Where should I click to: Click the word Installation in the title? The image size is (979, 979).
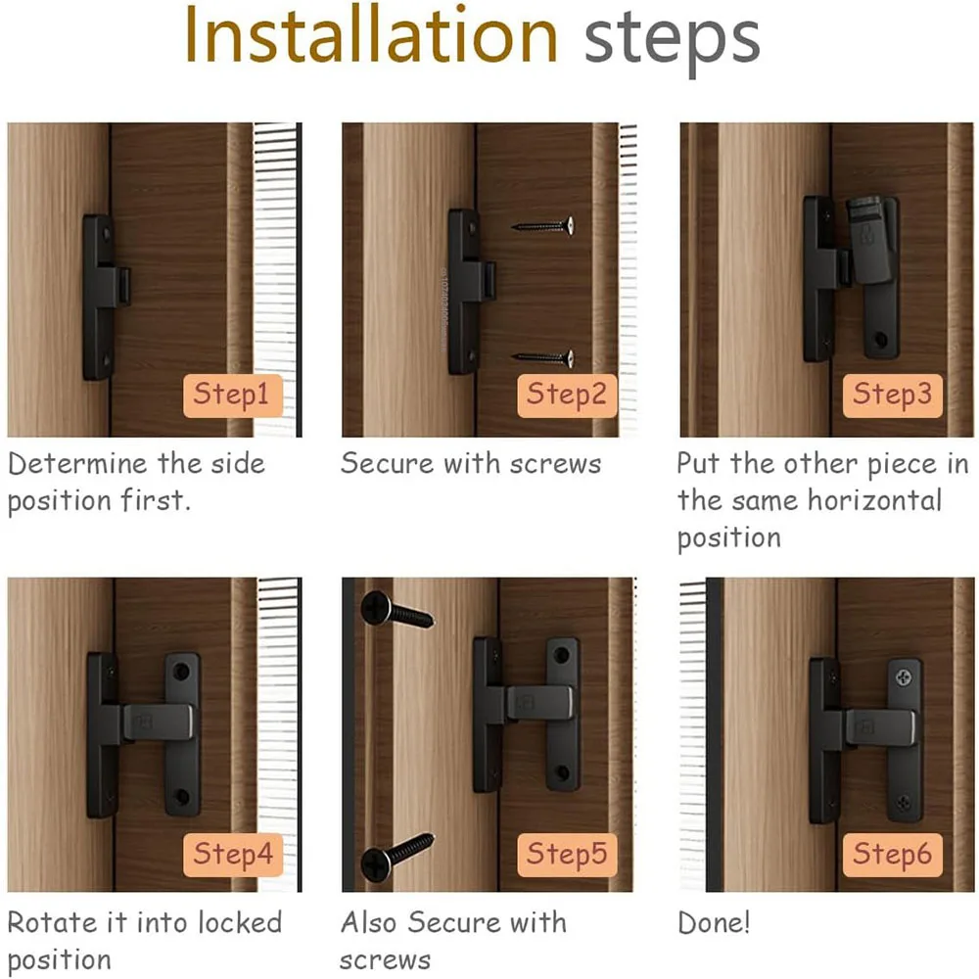coord(371,35)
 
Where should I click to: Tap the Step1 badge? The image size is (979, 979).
coord(233,396)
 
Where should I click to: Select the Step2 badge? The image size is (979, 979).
coord(567,396)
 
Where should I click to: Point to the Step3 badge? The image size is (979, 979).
coord(892,396)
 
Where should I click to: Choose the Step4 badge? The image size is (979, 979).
coord(233,855)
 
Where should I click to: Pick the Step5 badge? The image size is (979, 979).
coord(567,855)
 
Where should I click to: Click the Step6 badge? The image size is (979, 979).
coord(892,855)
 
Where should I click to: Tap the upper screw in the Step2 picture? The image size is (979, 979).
coord(542,226)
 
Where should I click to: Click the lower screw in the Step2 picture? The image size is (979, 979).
coord(542,358)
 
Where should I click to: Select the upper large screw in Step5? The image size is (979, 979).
coord(397,610)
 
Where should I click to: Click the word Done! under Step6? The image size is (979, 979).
coord(714,923)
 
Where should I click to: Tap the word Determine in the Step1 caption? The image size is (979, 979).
coord(78,464)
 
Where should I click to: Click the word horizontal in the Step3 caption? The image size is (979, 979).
coord(874,500)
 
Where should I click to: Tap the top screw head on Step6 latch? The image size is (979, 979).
coord(904,676)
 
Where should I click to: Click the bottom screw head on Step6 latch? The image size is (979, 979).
coord(903,801)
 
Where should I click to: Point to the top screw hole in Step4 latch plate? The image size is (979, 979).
coord(181,672)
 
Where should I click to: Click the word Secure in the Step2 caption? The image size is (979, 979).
coord(387,464)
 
